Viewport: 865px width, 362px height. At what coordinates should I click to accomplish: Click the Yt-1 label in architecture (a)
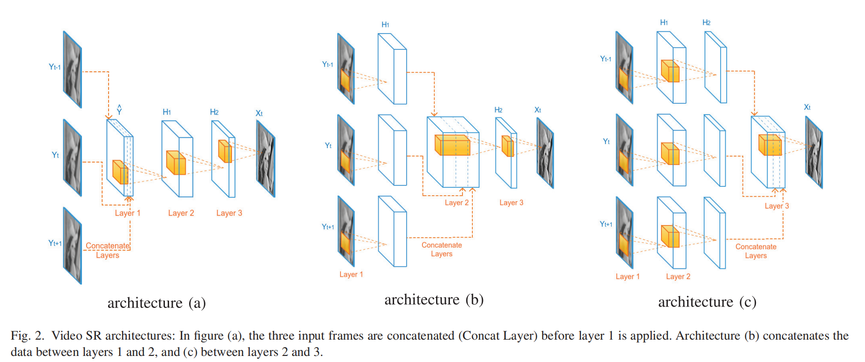tap(55, 67)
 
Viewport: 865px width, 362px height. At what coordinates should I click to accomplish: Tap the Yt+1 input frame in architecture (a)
tap(73, 246)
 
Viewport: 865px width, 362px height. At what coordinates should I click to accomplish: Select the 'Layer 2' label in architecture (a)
tap(181, 213)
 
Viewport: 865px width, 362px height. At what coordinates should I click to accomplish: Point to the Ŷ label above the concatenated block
tap(119, 110)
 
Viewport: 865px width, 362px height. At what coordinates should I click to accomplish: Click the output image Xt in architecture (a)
tap(266, 158)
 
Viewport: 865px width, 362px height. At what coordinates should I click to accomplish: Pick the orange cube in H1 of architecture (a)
tap(176, 163)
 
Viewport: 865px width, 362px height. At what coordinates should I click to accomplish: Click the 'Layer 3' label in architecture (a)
tap(229, 213)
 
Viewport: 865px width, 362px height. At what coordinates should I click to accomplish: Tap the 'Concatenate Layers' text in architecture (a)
tap(108, 250)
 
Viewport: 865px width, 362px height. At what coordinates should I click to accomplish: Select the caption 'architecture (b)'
tap(434, 300)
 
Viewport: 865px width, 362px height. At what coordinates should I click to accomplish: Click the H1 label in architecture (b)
tap(385, 25)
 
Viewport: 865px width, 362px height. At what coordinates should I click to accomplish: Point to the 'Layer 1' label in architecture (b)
tap(351, 274)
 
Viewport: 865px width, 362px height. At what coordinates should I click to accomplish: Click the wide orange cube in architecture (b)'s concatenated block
tap(452, 145)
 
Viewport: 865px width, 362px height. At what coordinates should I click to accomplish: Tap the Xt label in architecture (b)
tap(538, 110)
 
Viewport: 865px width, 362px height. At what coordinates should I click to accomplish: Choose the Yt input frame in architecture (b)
tap(346, 150)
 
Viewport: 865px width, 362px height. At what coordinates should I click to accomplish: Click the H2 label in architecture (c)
tap(706, 23)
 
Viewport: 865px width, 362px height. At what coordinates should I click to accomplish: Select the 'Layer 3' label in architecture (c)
tap(776, 206)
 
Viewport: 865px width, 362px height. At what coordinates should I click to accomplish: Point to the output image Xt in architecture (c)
tap(814, 152)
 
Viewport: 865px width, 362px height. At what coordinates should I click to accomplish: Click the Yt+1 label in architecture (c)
tap(606, 224)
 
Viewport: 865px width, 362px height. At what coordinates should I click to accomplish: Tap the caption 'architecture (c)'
tap(707, 302)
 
